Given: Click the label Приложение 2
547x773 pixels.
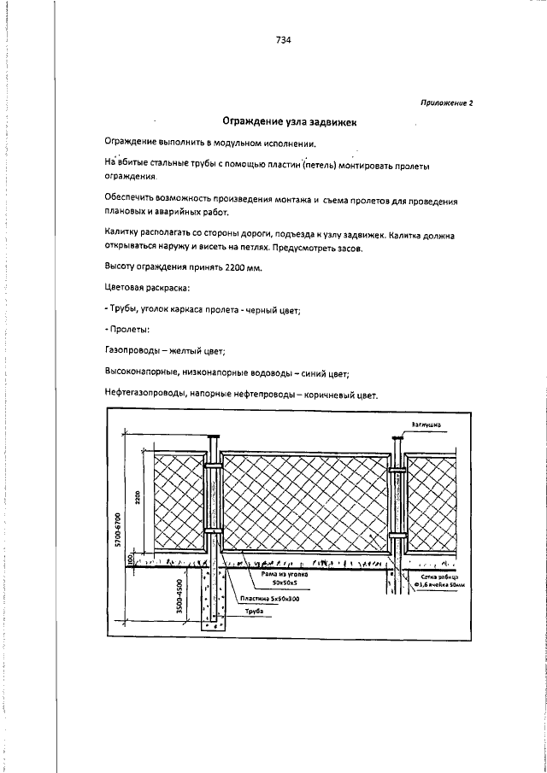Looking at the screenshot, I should pos(446,102).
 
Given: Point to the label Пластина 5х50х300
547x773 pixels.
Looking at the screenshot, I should pos(275,600).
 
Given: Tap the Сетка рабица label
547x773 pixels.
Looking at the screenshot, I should pos(440,577).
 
